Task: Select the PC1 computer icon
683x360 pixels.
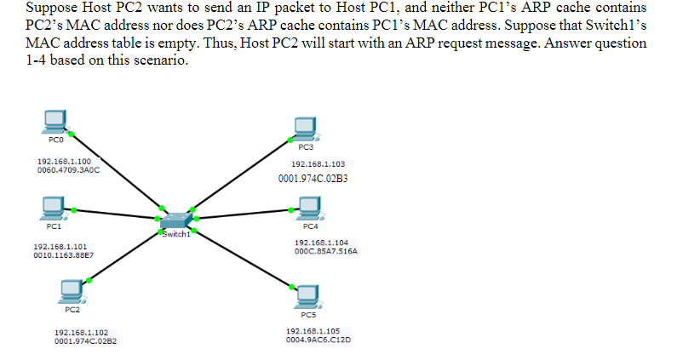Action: (x=54, y=206)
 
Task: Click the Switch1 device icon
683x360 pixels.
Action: (x=175, y=220)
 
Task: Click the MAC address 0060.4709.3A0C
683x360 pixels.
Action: (x=68, y=169)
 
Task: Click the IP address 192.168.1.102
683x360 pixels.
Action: (x=81, y=333)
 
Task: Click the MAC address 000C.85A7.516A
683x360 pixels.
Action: (x=325, y=252)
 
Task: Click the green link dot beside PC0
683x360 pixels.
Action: (x=72, y=133)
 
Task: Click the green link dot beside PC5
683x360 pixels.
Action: (x=292, y=287)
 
